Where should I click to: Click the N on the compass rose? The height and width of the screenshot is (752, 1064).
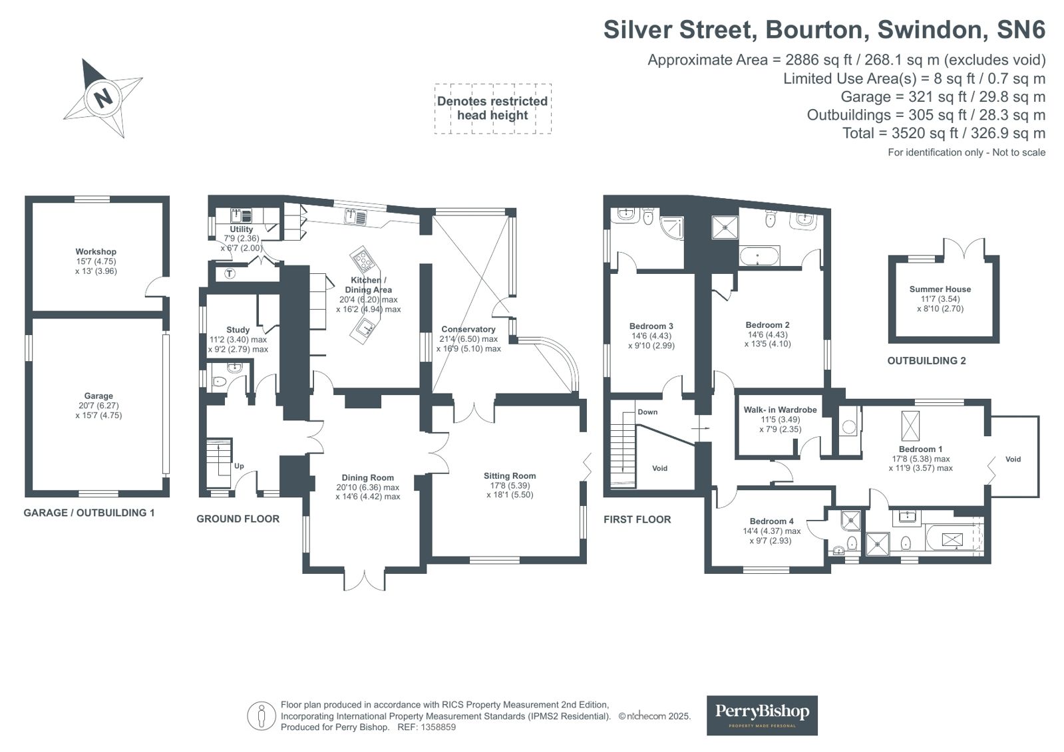[102, 98]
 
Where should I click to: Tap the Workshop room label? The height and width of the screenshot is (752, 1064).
[95, 251]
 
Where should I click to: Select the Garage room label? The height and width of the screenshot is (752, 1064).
[98, 396]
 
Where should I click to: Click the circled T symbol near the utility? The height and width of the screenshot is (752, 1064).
[230, 273]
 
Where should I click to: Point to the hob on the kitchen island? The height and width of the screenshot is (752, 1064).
[363, 259]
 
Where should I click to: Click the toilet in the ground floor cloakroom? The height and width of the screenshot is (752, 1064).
[218, 381]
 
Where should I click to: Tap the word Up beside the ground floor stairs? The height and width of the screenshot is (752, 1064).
[239, 465]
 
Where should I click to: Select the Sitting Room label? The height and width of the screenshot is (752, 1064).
[510, 475]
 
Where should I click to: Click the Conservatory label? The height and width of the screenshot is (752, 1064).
[468, 329]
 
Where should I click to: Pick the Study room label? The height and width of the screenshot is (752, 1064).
[238, 330]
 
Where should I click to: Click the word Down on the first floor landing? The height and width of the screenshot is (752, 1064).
[647, 412]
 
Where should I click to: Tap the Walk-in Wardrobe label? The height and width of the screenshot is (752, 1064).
[780, 409]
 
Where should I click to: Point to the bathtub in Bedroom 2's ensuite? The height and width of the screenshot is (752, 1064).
[759, 257]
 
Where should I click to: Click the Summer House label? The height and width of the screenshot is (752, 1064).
[940, 289]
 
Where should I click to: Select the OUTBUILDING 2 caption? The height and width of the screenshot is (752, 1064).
[926, 360]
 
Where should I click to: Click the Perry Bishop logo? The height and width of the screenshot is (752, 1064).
[762, 715]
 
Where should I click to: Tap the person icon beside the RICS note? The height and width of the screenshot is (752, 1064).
[261, 715]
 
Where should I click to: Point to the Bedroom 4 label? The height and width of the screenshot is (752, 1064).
[771, 521]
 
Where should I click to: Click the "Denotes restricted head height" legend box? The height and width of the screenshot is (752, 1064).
[492, 108]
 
